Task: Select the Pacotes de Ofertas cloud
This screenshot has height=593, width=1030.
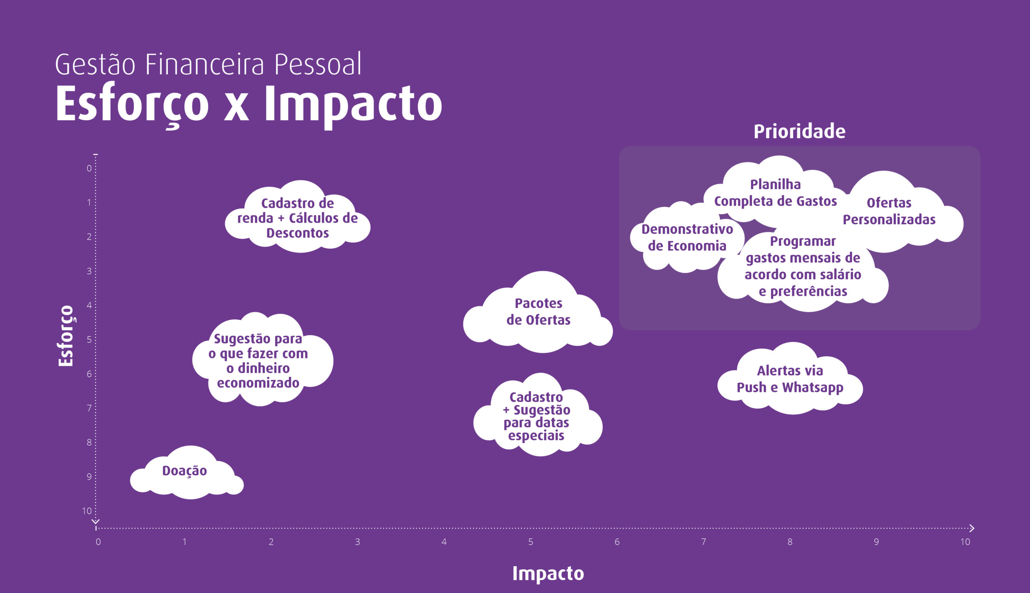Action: click(x=538, y=313)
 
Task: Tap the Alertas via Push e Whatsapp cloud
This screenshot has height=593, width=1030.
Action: click(x=790, y=379)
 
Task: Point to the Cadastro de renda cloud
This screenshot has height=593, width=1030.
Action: click(x=298, y=217)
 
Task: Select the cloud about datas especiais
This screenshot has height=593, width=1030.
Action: click(x=538, y=415)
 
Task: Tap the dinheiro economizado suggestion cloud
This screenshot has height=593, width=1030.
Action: click(x=263, y=360)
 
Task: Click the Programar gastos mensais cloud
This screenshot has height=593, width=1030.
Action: click(x=802, y=269)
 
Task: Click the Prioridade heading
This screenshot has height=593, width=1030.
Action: click(x=799, y=131)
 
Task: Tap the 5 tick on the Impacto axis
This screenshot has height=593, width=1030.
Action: click(x=531, y=542)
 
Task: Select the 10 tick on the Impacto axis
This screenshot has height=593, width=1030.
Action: click(x=965, y=542)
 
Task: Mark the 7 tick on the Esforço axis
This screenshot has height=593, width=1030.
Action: click(x=89, y=408)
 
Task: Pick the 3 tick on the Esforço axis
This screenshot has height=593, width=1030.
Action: click(x=89, y=271)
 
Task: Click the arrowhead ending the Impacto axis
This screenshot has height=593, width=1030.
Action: click(x=972, y=528)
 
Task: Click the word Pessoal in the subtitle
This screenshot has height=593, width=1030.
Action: click(x=317, y=64)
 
